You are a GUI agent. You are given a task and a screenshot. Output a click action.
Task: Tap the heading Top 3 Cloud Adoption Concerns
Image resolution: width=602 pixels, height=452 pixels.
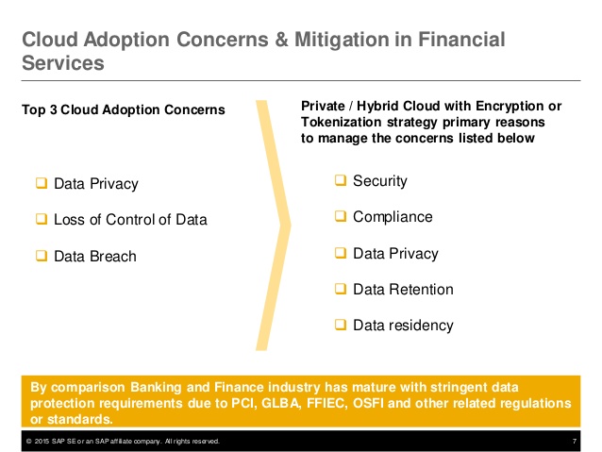click(123, 110)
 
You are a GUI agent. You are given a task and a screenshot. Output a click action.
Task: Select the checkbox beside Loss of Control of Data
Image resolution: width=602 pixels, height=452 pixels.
click(42, 220)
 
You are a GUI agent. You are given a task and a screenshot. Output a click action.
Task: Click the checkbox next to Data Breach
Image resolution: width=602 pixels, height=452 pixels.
click(42, 256)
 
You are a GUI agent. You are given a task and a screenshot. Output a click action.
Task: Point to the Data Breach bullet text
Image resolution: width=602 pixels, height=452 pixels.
click(95, 257)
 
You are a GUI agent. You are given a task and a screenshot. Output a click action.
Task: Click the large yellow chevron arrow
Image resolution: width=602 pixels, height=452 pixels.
click(274, 225)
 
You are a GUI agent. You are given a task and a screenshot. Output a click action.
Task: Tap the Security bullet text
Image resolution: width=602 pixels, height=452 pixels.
click(379, 181)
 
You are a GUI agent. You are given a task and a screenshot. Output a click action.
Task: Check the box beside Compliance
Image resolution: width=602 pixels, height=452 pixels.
click(341, 217)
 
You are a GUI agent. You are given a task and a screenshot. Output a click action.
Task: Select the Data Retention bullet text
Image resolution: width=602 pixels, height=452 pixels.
click(403, 290)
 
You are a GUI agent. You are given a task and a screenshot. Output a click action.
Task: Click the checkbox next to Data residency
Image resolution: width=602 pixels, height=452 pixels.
click(341, 326)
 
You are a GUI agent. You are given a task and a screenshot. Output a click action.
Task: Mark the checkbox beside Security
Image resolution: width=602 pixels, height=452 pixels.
click(341, 181)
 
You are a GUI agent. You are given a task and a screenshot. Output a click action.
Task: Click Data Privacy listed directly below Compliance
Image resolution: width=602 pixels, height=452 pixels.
click(395, 254)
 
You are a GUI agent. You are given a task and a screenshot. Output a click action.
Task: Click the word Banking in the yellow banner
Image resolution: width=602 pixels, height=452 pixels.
click(142, 386)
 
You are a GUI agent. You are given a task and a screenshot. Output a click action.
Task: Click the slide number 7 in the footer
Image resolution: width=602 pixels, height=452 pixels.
click(575, 442)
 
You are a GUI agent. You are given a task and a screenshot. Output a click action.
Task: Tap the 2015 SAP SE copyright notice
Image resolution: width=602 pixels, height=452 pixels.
click(123, 442)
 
